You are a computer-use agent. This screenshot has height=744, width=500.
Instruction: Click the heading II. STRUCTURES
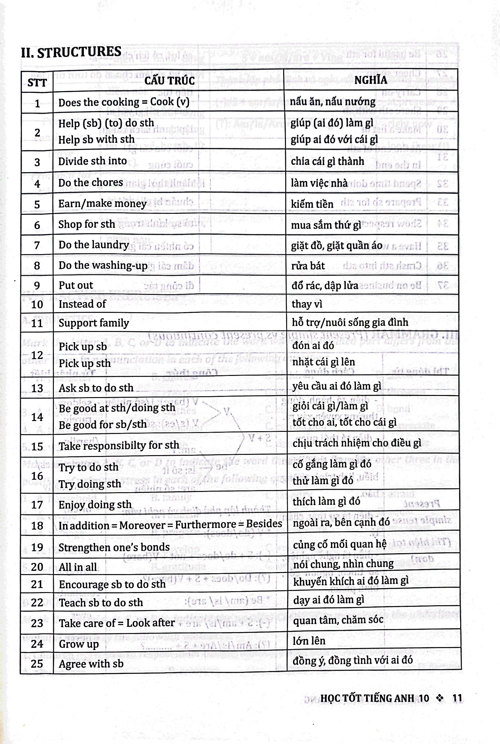tap(71, 52)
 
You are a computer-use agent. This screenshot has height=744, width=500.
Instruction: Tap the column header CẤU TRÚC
tap(169, 81)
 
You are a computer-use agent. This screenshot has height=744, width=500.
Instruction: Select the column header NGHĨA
tap(371, 80)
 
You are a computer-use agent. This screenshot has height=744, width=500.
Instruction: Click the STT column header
tap(37, 83)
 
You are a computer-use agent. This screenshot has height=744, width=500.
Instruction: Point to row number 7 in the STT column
tap(37, 245)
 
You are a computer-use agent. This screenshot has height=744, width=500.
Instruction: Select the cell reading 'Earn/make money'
tap(102, 203)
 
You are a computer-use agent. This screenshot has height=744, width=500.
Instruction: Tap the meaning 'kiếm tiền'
tap(312, 204)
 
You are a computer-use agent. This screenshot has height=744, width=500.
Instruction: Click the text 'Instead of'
tap(82, 304)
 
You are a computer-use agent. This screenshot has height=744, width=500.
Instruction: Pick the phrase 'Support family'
tap(94, 323)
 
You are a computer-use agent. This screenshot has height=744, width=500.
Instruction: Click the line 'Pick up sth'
tap(85, 363)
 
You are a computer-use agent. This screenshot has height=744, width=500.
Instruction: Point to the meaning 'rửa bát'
tap(308, 266)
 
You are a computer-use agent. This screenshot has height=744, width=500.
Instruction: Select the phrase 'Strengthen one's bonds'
tap(114, 547)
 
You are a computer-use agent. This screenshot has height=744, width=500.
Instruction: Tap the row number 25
tap(37, 664)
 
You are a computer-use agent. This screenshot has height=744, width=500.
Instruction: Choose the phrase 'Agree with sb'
tap(91, 664)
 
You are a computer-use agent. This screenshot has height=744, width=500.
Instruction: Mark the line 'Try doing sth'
tap(90, 484)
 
